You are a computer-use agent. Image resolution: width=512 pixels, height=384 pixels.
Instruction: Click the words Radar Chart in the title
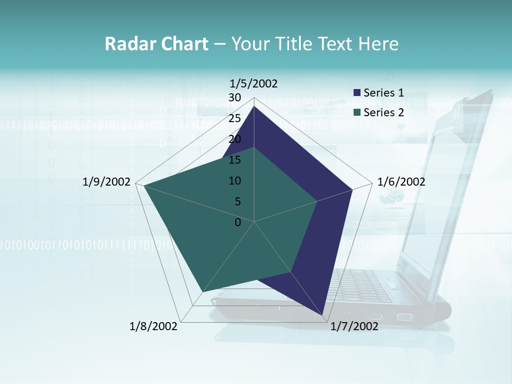coord(156,44)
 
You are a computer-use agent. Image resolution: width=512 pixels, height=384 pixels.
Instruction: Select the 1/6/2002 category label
coord(401,182)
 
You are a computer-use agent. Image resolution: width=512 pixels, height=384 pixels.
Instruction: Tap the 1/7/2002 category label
coord(355,326)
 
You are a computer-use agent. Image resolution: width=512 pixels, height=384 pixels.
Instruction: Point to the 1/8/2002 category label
coord(154,326)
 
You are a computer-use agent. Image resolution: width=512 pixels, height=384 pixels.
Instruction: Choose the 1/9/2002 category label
coord(107,182)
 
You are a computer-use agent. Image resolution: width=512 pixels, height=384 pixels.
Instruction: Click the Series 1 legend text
coord(383,93)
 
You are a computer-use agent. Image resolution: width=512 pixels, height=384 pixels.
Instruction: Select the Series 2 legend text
coord(383,112)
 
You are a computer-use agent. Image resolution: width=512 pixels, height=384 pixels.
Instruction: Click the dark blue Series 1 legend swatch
coord(357,93)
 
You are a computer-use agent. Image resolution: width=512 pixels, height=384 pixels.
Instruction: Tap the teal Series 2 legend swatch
coord(357,113)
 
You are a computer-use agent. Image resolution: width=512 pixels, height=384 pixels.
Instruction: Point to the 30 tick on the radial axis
coord(235,98)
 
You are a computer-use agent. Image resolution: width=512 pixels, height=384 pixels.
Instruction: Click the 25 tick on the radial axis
coord(235,118)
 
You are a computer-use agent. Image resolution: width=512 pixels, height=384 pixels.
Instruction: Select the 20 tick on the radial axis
coord(235,139)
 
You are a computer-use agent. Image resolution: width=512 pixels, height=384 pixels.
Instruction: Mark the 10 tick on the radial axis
coord(235,181)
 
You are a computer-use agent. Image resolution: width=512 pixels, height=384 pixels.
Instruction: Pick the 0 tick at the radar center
coord(238,222)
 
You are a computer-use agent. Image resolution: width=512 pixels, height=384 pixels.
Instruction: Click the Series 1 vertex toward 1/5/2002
coord(254,107)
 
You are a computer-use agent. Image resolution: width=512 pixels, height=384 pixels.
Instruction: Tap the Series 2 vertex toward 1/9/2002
coord(143,186)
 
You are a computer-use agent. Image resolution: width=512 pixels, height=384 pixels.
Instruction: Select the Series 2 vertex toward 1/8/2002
coord(202,292)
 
